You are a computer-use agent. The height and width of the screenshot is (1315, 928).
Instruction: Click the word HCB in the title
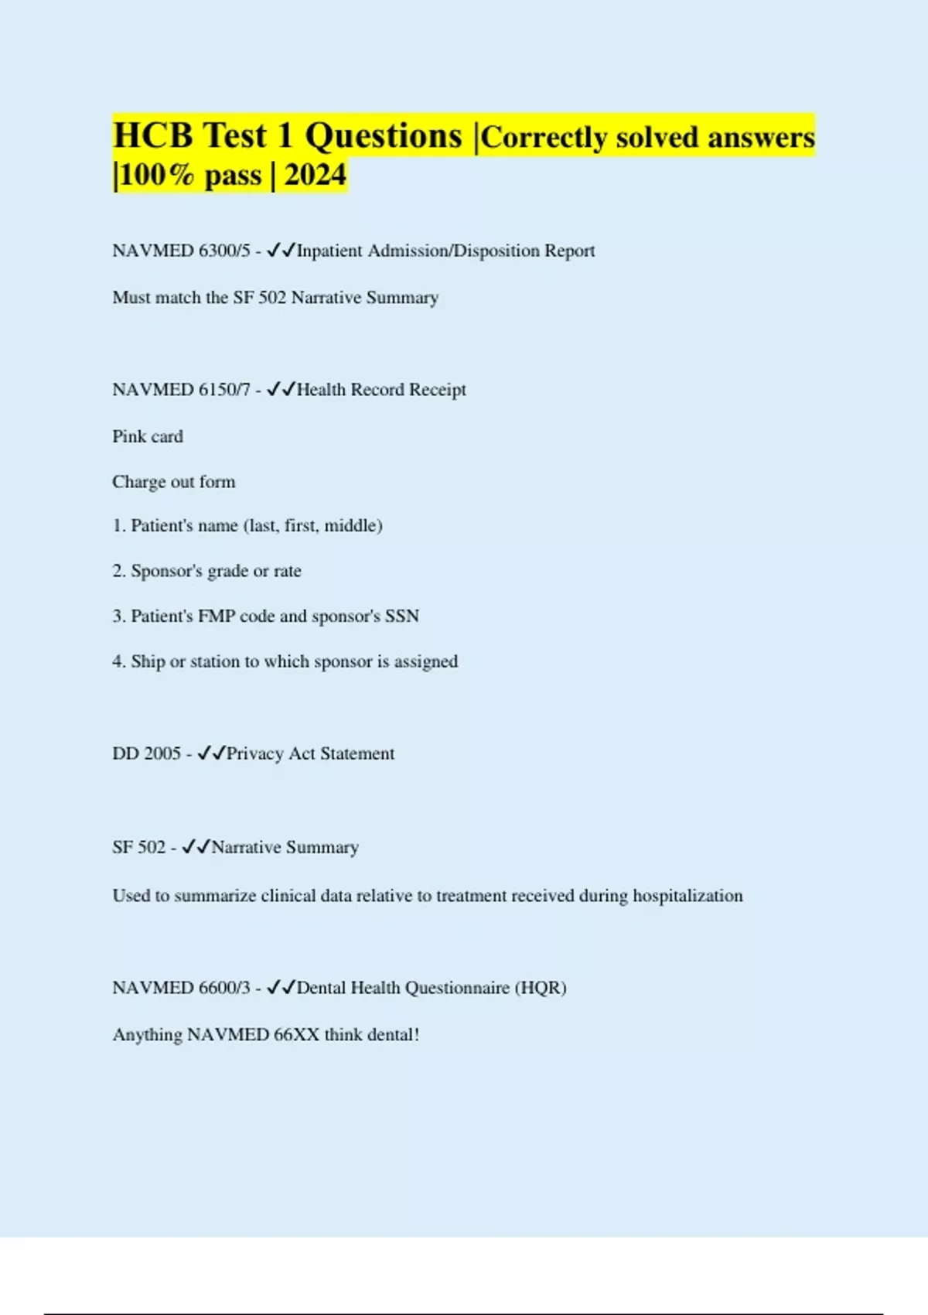[152, 136]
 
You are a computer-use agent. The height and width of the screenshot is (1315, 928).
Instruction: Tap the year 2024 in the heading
[316, 176]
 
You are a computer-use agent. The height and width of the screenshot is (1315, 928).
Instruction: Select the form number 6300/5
[224, 251]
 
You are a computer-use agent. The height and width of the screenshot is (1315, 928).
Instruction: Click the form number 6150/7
[224, 390]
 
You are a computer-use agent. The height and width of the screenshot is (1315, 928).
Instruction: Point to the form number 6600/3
[224, 988]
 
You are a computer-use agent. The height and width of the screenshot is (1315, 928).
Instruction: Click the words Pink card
[148, 436]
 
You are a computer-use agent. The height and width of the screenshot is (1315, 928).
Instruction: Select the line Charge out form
[174, 482]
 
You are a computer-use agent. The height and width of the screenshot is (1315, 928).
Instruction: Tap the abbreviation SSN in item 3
[402, 617]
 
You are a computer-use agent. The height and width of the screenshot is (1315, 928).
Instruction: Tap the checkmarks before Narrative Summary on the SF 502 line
[196, 848]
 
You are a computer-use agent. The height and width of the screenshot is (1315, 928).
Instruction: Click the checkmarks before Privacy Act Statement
[211, 754]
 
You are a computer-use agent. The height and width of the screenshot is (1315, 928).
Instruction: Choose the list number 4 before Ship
[118, 662]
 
